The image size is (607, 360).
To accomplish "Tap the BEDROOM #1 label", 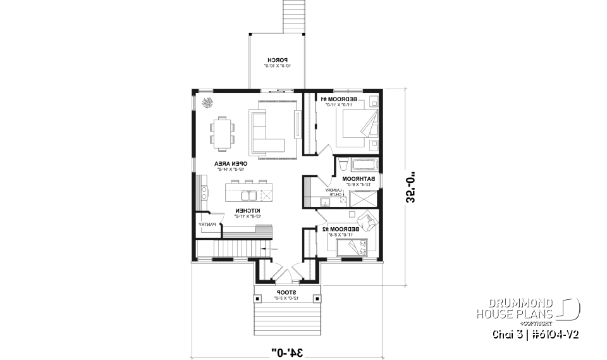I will click(x=339, y=100).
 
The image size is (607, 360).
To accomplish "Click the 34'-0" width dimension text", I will click(x=287, y=350).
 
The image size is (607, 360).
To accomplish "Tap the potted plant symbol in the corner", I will click(x=207, y=102).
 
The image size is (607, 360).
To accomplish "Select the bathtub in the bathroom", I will click(x=364, y=166).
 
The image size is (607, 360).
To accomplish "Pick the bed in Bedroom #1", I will click(x=359, y=124).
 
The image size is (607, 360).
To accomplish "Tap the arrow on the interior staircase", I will click(x=272, y=251).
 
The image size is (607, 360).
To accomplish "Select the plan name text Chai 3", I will click(x=506, y=334).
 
